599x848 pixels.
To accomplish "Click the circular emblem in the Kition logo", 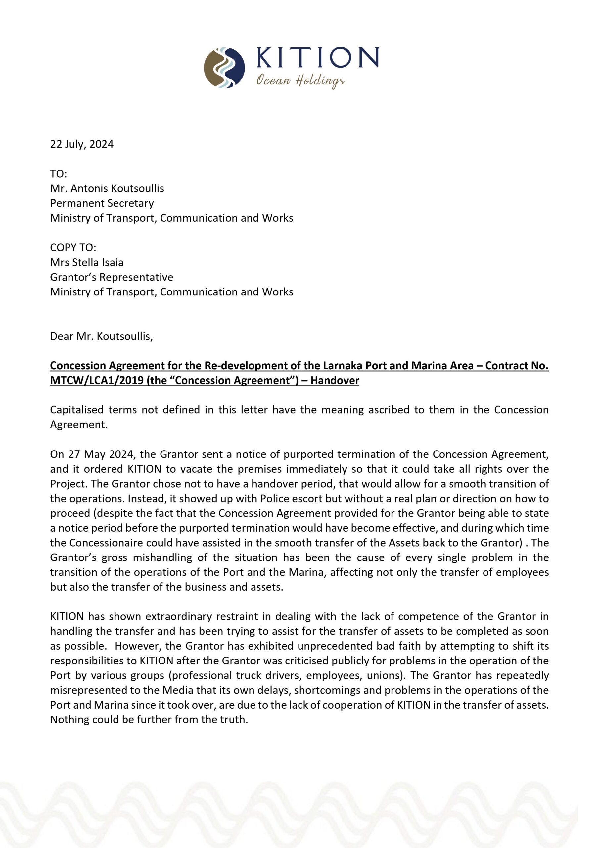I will coord(224,68).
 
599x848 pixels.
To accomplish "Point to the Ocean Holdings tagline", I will coord(300,80).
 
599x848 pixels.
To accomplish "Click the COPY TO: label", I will coord(73,247).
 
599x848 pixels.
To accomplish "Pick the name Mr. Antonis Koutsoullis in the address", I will coord(107,188).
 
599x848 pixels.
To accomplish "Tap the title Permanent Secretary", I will coord(102,203).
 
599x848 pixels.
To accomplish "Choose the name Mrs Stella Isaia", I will coord(87,262).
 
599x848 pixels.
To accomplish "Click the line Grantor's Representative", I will coord(112,277).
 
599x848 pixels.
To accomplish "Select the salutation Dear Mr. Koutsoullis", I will coord(101,336).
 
